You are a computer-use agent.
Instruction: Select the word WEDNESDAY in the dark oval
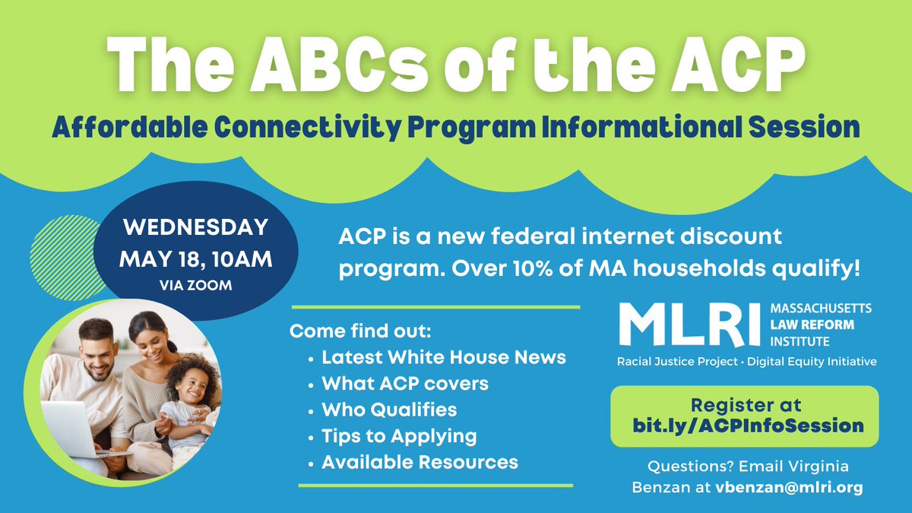click(195, 227)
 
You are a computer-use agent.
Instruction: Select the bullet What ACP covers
click(405, 384)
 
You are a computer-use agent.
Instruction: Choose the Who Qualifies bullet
click(389, 410)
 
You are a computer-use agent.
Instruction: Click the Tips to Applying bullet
click(399, 435)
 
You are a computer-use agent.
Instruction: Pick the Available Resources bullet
click(420, 461)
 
